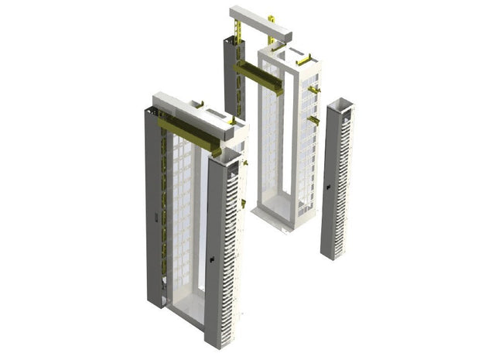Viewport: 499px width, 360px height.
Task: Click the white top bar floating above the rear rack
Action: pos(259,24)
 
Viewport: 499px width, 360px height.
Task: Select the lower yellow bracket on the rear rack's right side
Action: pos(313,121)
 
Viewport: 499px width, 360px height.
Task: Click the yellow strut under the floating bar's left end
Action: pos(238,33)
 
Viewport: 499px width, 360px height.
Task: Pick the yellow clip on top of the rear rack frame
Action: pos(302,58)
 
